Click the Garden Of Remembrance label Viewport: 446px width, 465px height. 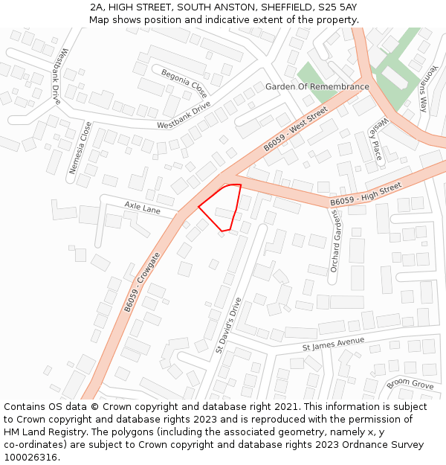[x=317, y=87]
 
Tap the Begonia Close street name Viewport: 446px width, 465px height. [x=184, y=83]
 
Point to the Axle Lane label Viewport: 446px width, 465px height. [x=142, y=208]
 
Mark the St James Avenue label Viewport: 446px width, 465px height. [x=333, y=344]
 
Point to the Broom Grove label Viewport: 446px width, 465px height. [x=410, y=384]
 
